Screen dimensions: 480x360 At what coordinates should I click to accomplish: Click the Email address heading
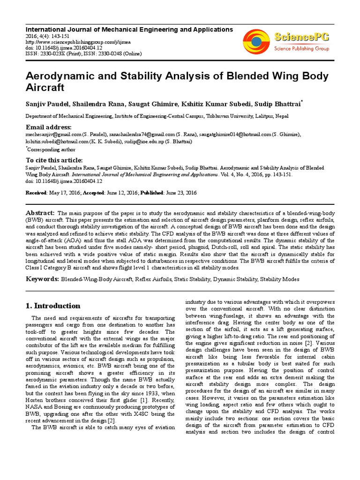click(x=48, y=127)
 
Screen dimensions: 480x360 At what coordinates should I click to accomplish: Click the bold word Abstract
click(x=40, y=213)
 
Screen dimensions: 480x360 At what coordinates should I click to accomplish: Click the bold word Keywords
click(x=42, y=279)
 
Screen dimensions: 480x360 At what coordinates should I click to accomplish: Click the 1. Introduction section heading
click(x=53, y=306)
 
